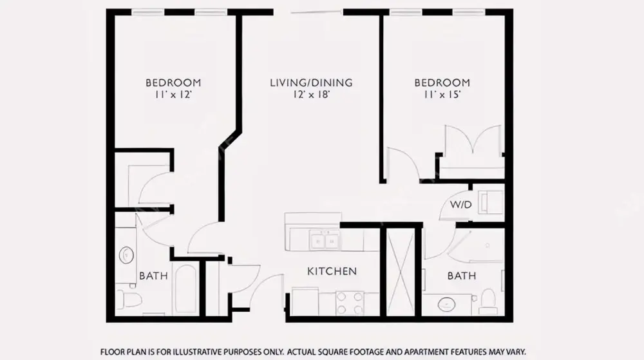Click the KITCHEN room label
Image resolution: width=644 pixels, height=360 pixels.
332,271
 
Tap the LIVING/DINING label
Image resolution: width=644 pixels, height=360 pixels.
311,82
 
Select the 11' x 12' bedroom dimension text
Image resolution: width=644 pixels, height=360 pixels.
173,95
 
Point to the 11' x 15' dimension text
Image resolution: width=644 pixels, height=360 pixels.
442,95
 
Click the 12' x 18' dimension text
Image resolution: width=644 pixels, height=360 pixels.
311,95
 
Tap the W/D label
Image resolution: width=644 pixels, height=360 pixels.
461,204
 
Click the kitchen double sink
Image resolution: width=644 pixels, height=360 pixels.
325,241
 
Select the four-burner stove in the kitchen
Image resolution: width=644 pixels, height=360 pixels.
350,303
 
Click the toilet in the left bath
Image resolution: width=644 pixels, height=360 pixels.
128,299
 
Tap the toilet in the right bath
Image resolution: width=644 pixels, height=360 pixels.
488,301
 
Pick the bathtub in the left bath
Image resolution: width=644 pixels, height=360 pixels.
186,289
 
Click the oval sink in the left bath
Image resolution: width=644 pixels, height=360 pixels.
126,256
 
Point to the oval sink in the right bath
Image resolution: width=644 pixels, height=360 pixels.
446,305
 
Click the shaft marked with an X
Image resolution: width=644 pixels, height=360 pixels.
401,272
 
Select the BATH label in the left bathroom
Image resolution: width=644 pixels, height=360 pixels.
154,276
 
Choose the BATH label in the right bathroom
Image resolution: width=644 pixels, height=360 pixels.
462,276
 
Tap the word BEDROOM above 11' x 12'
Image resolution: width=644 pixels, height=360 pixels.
173,82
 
